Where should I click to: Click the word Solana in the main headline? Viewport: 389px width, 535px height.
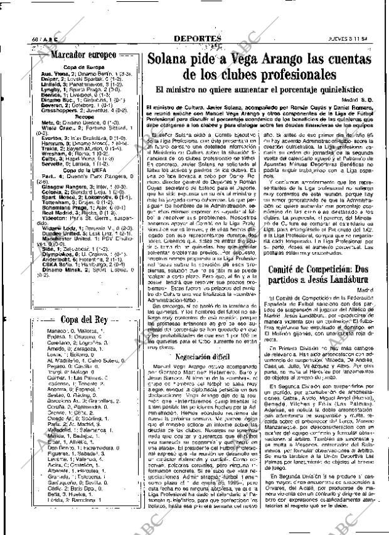pyautogui.click(x=169, y=59)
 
